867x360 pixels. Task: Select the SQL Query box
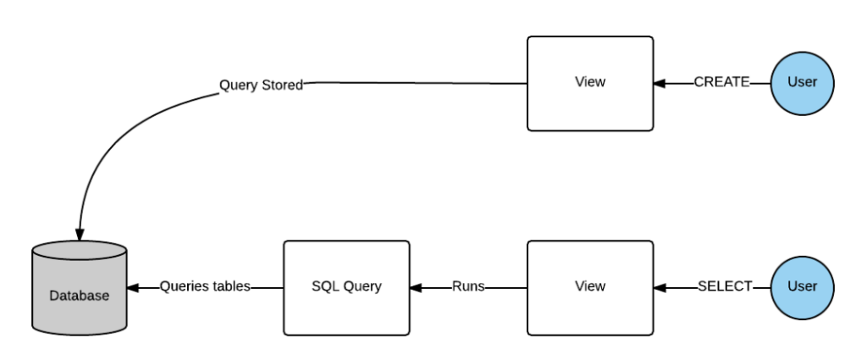(346, 286)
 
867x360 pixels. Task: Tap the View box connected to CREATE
(590, 83)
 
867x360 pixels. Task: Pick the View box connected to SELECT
(590, 286)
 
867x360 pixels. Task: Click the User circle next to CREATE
(803, 83)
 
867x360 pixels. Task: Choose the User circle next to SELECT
(803, 286)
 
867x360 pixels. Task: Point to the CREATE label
(721, 83)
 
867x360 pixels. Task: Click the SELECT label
(725, 286)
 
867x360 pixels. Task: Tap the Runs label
(468, 286)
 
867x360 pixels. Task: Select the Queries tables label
(205, 286)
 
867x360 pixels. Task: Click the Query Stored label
(261, 85)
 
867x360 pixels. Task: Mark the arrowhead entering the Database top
(80, 230)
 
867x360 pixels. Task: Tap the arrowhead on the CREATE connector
(660, 83)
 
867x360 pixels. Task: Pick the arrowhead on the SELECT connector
(660, 286)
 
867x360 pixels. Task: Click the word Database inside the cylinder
(79, 296)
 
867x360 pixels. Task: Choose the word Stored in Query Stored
(282, 85)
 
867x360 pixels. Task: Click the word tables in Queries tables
(231, 286)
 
